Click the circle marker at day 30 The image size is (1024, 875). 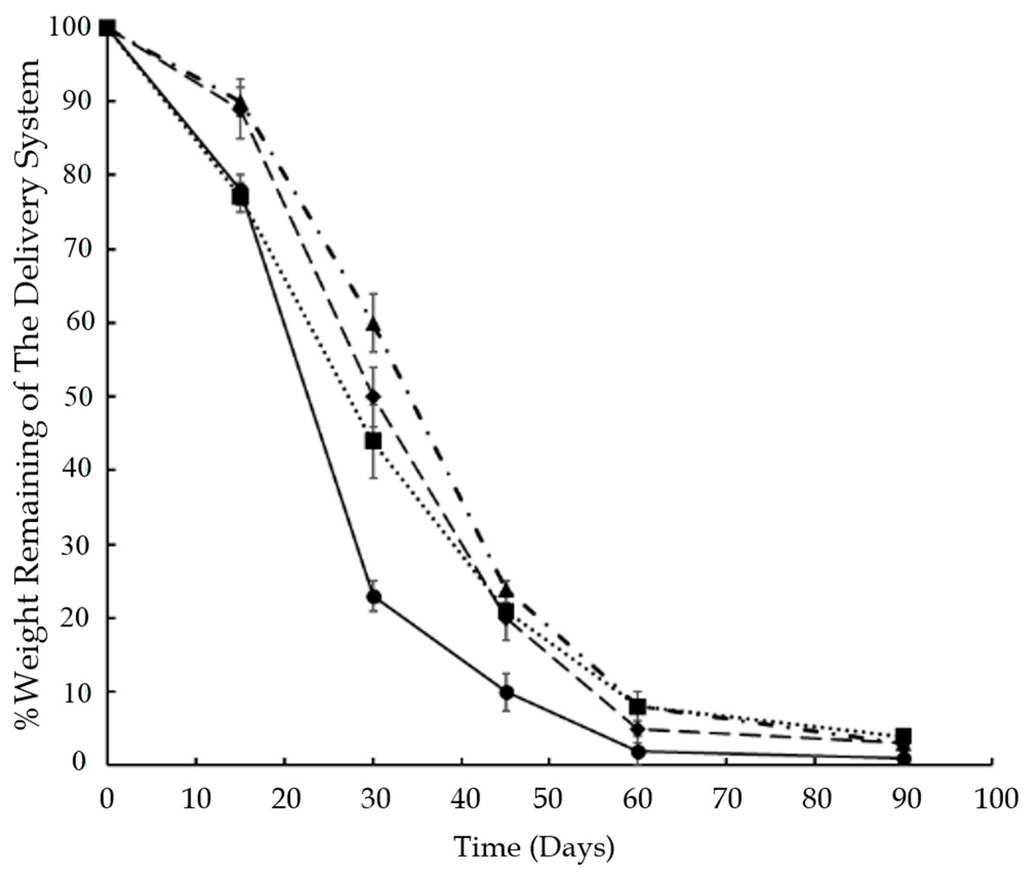pos(373,597)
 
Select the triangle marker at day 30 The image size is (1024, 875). pos(373,324)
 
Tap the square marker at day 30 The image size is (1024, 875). pos(373,441)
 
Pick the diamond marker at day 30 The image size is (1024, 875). pos(373,397)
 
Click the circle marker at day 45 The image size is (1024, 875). pos(506,692)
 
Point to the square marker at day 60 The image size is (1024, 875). pos(638,707)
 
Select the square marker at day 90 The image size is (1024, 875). pos(903,736)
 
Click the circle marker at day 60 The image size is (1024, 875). pos(638,751)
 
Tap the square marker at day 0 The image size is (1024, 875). pos(108,27)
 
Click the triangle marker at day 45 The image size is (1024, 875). pos(506,591)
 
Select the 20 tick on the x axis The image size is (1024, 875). pos(285,766)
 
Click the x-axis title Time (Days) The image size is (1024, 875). pos(535,848)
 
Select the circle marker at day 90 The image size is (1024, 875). pos(903,759)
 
